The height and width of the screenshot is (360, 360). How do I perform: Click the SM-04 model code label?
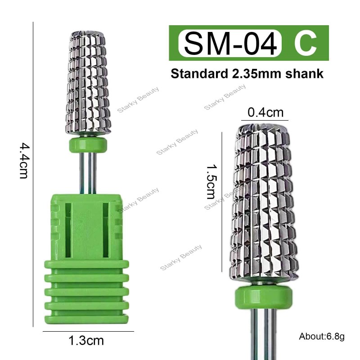230,43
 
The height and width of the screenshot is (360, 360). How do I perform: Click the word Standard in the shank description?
199,73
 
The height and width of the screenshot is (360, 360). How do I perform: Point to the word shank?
305,73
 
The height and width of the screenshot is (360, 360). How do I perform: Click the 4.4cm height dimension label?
23,161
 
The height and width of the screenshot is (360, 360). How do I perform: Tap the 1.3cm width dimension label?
86,341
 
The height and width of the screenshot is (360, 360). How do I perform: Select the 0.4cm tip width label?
265,112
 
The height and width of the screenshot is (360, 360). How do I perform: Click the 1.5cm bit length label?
211,182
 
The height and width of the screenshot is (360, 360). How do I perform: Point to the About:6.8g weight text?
322,336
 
